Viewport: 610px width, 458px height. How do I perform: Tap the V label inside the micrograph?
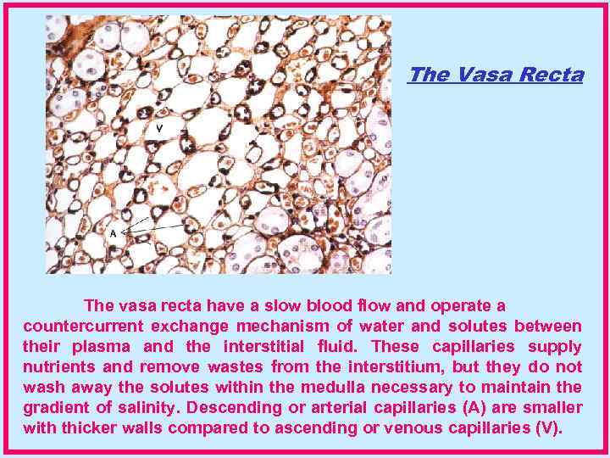(x=159, y=129)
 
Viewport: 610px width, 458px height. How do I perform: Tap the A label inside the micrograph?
(x=113, y=231)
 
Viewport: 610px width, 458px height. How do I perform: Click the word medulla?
(x=358, y=387)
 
